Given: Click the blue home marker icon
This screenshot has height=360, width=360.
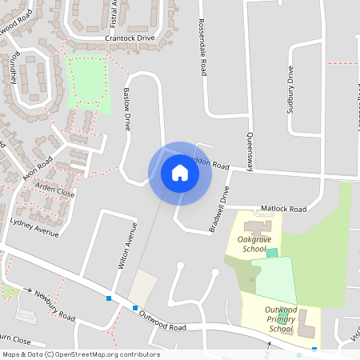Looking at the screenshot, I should coord(180,173).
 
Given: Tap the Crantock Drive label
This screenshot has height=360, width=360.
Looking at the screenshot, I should coord(129,38).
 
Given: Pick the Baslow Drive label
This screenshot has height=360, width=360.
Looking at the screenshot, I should coord(126,109).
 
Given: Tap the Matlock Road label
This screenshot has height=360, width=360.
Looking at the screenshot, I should coord(286,209).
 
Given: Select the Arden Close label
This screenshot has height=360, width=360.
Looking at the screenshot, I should coord(54,193).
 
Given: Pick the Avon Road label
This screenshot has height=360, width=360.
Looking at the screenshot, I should coord(38,170).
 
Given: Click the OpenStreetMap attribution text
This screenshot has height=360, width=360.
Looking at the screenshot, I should coord(81,354).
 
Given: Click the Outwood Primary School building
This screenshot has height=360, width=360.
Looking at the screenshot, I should coord(308,323).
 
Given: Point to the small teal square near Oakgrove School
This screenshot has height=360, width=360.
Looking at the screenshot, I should coord(272,253).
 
